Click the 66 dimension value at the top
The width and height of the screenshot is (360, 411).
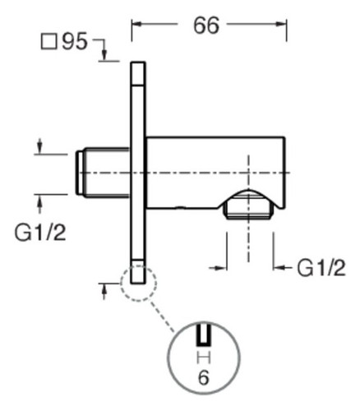point(206,25)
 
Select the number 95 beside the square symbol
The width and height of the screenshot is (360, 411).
point(75,41)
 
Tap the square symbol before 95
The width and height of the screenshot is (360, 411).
point(49,42)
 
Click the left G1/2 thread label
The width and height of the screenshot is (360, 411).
point(40,233)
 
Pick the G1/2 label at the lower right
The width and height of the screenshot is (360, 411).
point(321,267)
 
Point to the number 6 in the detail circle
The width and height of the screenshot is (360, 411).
point(204,377)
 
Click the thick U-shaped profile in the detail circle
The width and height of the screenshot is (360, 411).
point(204,335)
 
